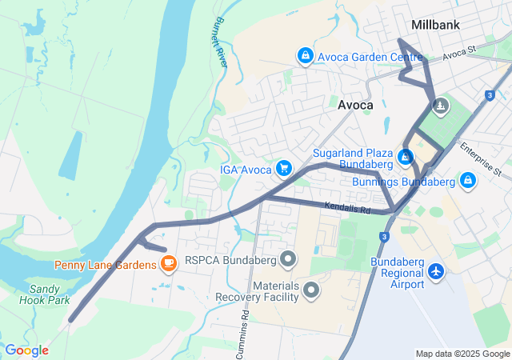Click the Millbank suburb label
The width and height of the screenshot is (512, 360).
pos(435,25)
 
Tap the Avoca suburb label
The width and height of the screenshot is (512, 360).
pos(355,105)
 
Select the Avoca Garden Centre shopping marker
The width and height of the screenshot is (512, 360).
pos(305,55)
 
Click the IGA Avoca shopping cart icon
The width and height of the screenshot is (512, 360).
pos(283,167)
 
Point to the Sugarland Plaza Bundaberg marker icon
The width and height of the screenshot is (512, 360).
pos(406,156)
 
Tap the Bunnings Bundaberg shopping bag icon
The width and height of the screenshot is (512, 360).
pos(467,181)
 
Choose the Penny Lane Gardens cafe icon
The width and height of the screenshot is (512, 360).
pos(168,263)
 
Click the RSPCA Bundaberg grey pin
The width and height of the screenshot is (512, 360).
pos(289,259)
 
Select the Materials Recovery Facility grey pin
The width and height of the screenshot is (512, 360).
pos(311,290)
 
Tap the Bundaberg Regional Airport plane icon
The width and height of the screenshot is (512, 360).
pos(436,272)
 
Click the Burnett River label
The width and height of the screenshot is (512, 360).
pos(221,43)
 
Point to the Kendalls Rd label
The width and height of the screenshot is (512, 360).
pos(348,208)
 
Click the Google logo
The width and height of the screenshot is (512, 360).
pos(26,350)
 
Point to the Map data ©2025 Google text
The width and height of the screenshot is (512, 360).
pos(462,354)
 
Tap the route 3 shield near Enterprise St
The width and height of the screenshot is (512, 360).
pos(489,95)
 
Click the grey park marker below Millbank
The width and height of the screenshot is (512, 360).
pos(440,106)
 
